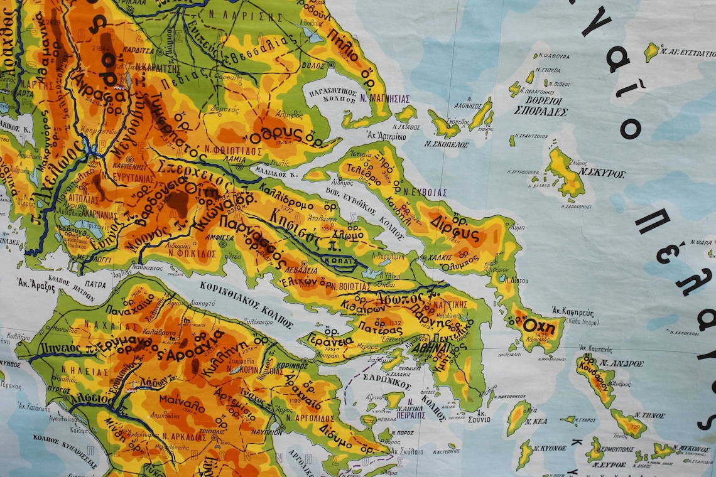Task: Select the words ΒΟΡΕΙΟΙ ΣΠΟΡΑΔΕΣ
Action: pyautogui.click(x=540, y=106)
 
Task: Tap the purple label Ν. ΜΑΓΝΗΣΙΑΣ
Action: pyautogui.click(x=385, y=99)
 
